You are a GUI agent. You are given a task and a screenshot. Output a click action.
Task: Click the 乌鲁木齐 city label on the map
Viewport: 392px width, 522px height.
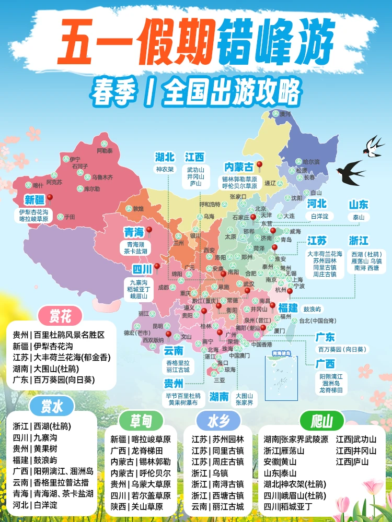click(102, 177)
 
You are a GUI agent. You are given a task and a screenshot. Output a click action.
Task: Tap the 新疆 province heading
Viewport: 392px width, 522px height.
click(35, 200)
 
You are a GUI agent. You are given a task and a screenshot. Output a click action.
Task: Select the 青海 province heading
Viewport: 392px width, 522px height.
click(133, 232)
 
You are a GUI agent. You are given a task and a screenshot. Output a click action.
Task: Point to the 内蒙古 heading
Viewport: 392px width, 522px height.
click(238, 167)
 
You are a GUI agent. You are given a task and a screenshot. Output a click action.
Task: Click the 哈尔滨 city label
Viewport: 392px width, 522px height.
click(311, 162)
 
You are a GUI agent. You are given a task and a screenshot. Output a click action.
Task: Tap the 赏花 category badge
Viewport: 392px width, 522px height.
click(61, 316)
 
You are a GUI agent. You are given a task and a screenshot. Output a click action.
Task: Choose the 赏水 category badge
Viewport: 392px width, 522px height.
click(53, 406)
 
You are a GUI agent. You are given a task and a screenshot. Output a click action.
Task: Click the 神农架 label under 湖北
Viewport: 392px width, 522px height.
click(165, 170)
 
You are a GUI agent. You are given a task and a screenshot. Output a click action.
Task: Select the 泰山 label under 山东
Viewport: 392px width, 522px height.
click(359, 217)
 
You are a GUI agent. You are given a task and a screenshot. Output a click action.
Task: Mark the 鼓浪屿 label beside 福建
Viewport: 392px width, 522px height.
click(314, 309)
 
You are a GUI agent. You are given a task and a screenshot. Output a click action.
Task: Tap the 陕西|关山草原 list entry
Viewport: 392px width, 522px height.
click(141, 506)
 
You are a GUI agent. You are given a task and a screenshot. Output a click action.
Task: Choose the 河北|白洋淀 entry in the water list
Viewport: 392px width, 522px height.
click(35, 505)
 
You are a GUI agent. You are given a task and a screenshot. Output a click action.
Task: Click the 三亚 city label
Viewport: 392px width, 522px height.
click(219, 381)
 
